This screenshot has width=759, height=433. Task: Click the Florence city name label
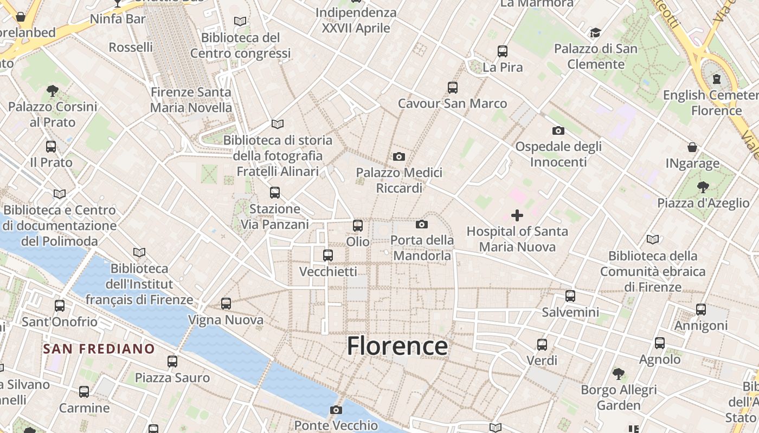pyautogui.click(x=397, y=346)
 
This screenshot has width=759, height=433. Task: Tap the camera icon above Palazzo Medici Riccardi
pyautogui.click(x=399, y=157)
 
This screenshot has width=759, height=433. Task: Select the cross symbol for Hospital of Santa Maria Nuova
pyautogui.click(x=517, y=216)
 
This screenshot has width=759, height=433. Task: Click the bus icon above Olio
pyautogui.click(x=358, y=226)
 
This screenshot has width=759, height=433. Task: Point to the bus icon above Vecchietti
pyautogui.click(x=328, y=255)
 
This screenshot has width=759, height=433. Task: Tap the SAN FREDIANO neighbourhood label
pyautogui.click(x=99, y=349)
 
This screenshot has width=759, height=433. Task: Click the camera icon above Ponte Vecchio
pyautogui.click(x=336, y=410)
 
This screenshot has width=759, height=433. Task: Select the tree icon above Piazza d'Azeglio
pyautogui.click(x=703, y=187)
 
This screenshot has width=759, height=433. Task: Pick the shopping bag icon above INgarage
pyautogui.click(x=692, y=147)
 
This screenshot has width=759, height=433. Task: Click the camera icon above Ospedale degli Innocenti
pyautogui.click(x=558, y=130)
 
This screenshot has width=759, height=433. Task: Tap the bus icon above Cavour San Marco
pyautogui.click(x=453, y=88)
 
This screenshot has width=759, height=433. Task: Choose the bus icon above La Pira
pyautogui.click(x=503, y=51)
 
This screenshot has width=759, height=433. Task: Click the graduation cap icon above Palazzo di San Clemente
pyautogui.click(x=595, y=33)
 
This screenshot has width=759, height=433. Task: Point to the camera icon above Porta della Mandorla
pyautogui.click(x=422, y=224)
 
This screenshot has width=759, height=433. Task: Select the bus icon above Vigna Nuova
pyautogui.click(x=226, y=304)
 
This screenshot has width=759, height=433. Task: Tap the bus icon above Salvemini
pyautogui.click(x=570, y=296)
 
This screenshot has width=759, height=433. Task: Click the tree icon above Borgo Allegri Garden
pyautogui.click(x=618, y=373)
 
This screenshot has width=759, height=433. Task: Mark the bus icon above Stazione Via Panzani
pyautogui.click(x=275, y=193)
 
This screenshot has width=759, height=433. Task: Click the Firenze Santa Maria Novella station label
pyautogui.click(x=191, y=100)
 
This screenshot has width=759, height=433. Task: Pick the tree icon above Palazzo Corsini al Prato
pyautogui.click(x=53, y=90)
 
